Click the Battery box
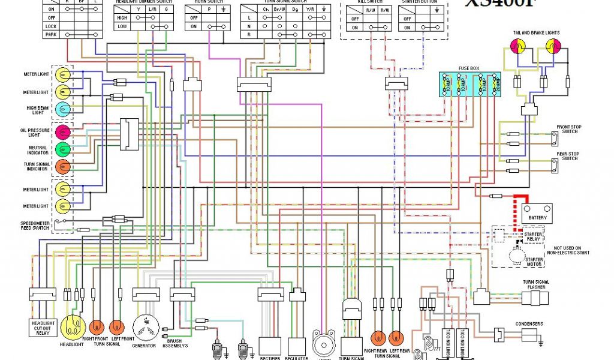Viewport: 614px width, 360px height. tap(537, 213)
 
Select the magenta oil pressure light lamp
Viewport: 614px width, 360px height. tap(63, 132)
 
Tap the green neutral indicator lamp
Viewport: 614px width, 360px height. tap(63, 149)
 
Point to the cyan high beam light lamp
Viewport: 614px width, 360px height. tap(63, 109)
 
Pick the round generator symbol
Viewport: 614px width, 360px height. tap(144, 328)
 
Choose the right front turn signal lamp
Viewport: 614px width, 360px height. tap(97, 327)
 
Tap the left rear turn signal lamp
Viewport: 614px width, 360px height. tap(396, 338)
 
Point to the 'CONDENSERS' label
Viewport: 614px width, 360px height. tap(529, 324)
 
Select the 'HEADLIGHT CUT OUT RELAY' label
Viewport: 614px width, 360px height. tap(43, 328)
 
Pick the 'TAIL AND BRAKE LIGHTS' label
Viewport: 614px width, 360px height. tap(535, 32)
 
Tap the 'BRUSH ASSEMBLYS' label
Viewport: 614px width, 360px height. tap(176, 343)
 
